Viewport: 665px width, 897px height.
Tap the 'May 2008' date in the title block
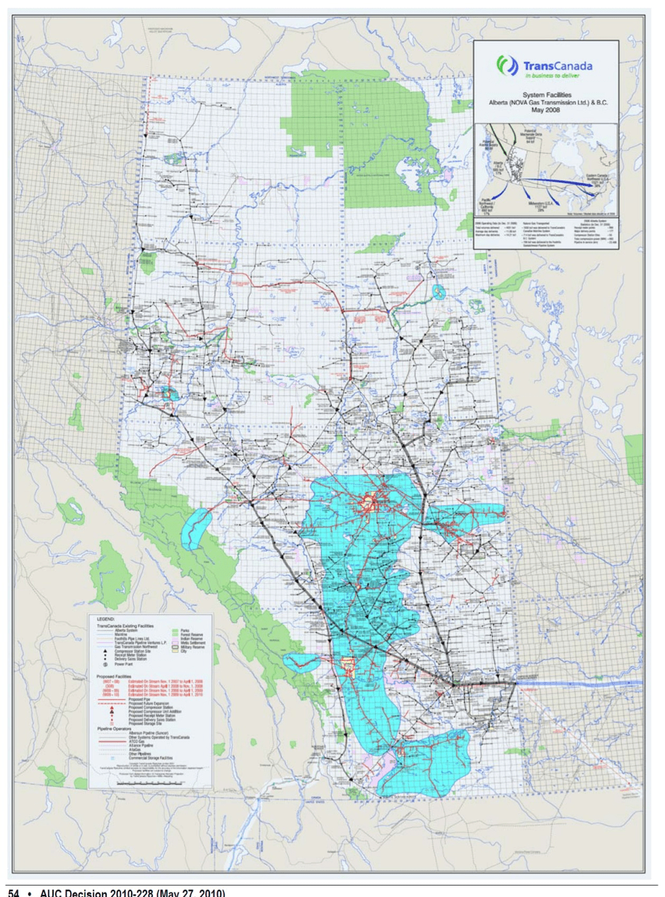pyautogui.click(x=545, y=110)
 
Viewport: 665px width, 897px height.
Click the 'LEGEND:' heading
pyautogui.click(x=105, y=619)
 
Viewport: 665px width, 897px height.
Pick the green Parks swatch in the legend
pyautogui.click(x=175, y=630)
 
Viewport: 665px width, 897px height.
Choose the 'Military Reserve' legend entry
pyautogui.click(x=192, y=647)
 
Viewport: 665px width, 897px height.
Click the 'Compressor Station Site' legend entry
pyautogui.click(x=132, y=651)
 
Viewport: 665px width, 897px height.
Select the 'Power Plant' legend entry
pyautogui.click(x=123, y=664)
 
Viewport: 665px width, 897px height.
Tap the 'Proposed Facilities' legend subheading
pyautogui.click(x=114, y=676)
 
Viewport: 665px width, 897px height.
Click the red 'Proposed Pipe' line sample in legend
pyautogui.click(x=112, y=700)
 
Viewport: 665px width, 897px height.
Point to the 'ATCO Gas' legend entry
pyautogui.click(x=137, y=741)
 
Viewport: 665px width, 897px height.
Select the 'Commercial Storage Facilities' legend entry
pyautogui.click(x=150, y=758)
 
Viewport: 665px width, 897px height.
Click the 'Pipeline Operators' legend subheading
pyautogui.click(x=114, y=729)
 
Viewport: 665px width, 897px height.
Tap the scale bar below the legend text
pyautogui.click(x=149, y=782)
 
